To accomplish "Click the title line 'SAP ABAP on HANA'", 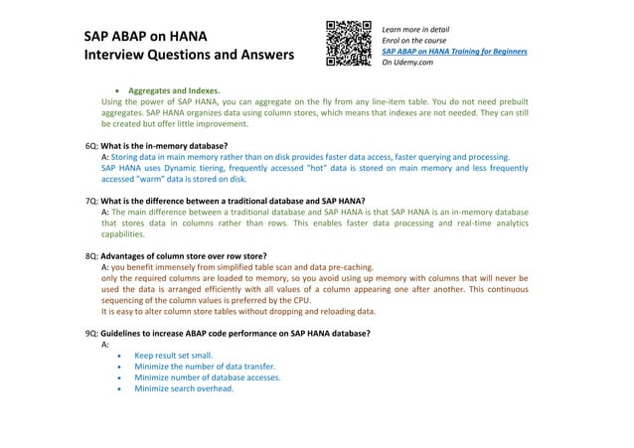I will tap(146, 37).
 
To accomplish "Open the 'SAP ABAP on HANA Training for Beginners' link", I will tap(454, 51).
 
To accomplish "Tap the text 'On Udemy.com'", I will tap(409, 62).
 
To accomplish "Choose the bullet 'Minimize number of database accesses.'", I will tap(207, 377).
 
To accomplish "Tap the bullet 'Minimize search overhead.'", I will tap(183, 389).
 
